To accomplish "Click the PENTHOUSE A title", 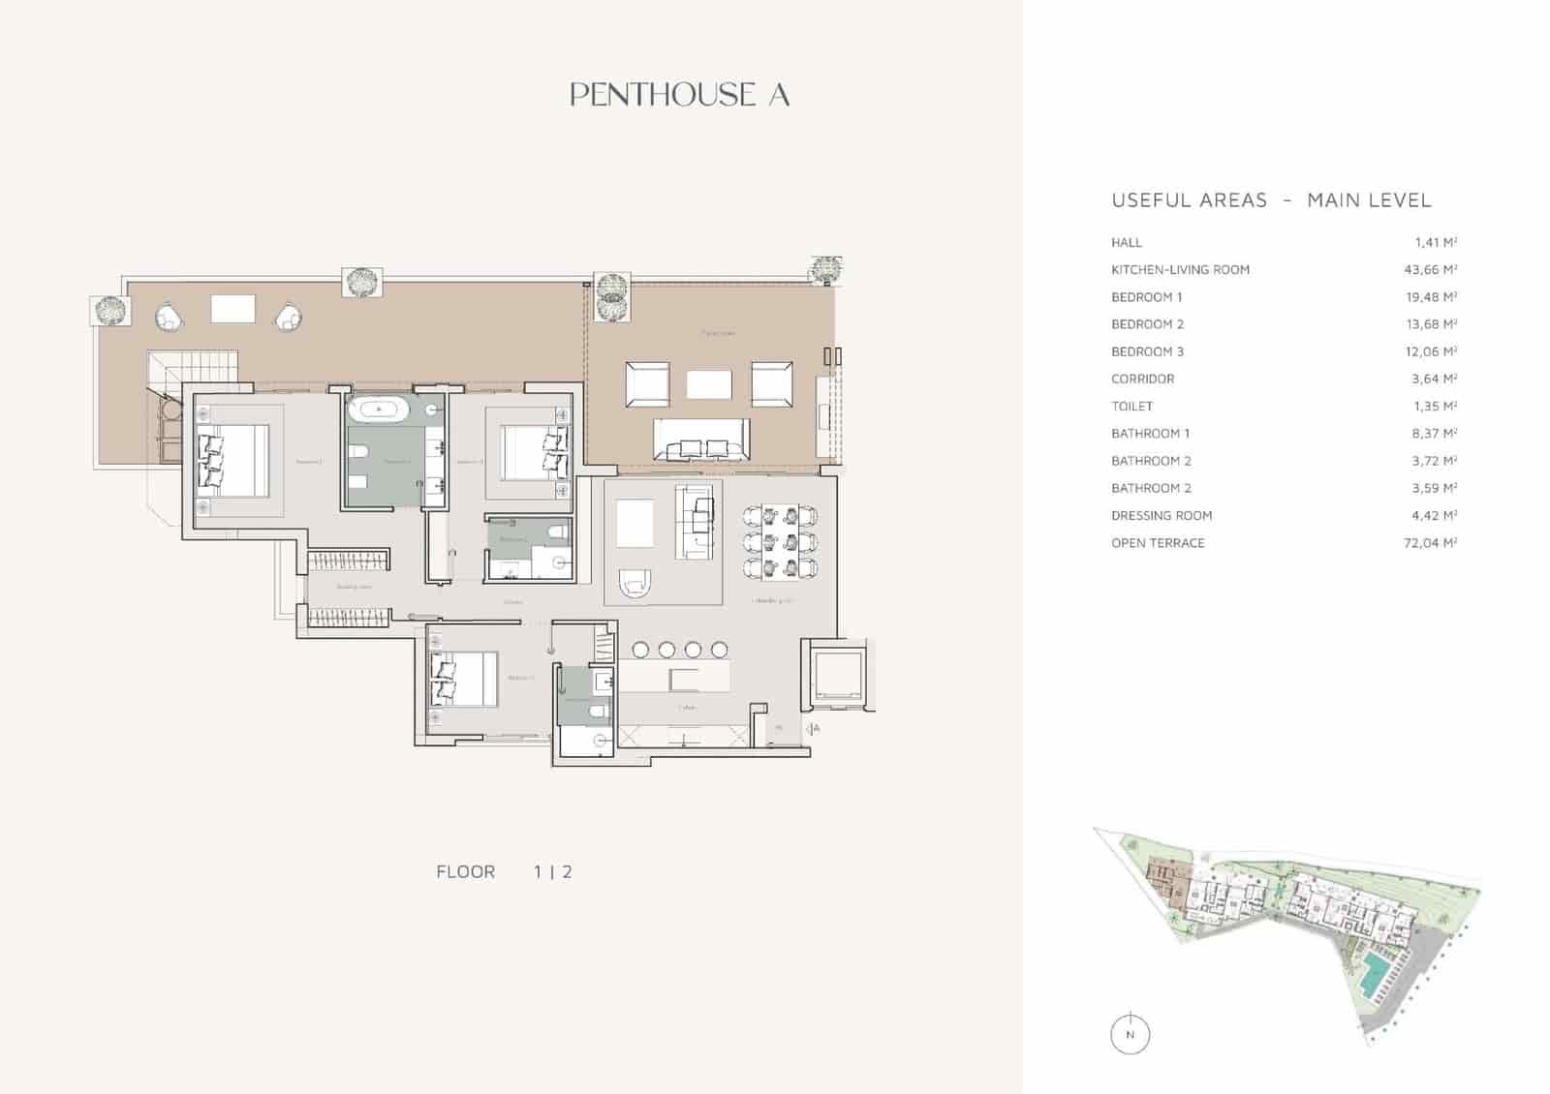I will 680,95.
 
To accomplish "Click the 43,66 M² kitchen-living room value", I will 1430,270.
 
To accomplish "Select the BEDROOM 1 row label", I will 1146,297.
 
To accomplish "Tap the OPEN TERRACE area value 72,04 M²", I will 1430,543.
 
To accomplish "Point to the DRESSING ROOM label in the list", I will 1161,516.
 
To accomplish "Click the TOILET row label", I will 1131,407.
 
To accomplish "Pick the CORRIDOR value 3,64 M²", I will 1434,380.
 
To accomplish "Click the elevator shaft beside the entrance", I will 835,674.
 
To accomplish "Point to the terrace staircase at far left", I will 194,368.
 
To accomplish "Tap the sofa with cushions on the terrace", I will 701,441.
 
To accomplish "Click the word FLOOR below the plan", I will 465,872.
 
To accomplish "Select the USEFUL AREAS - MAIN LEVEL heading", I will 1271,200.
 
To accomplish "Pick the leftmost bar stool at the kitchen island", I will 641,650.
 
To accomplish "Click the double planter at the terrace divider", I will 612,295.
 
